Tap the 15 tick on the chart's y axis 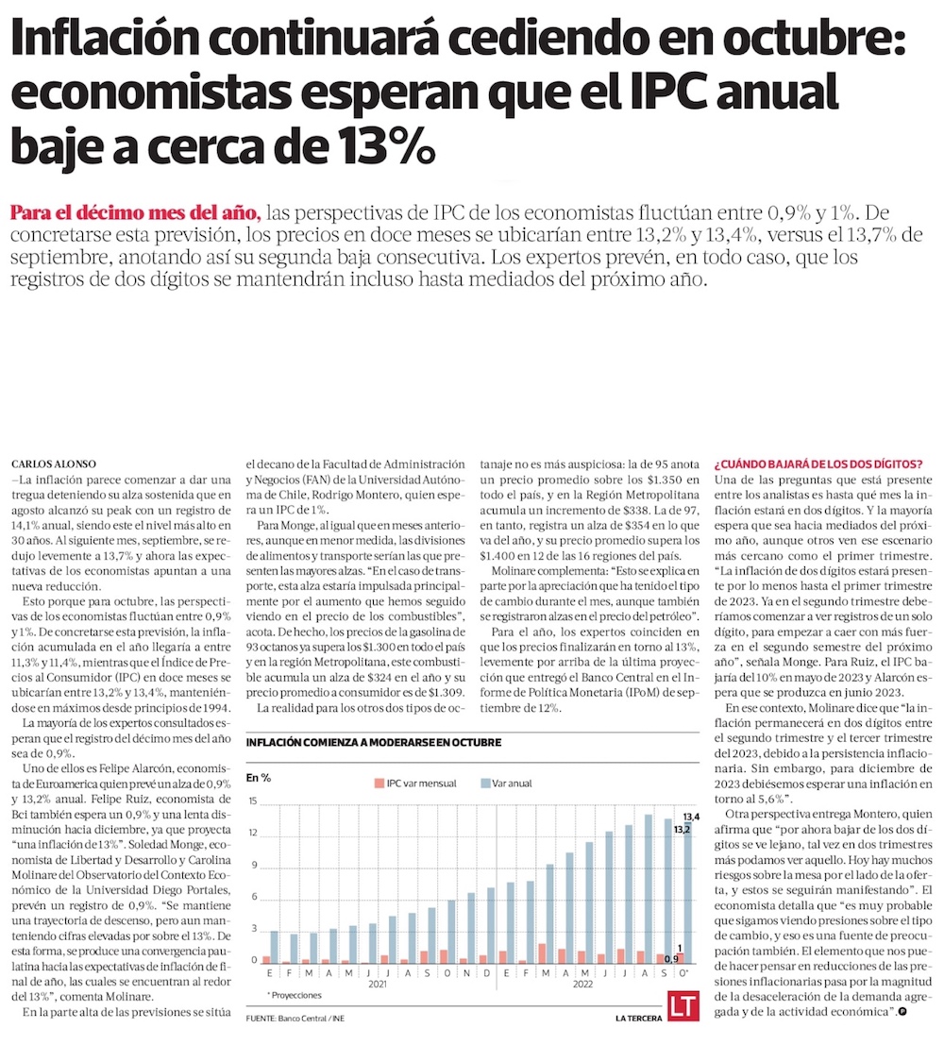tap(253, 801)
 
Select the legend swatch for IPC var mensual tap(379, 784)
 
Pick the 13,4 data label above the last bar tap(691, 817)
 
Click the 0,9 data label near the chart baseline tap(670, 959)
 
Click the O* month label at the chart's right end tap(683, 973)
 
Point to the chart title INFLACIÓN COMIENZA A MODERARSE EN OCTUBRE tap(373, 742)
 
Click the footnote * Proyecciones tap(294, 995)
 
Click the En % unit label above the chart tap(258, 778)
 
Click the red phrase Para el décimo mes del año tap(133, 211)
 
